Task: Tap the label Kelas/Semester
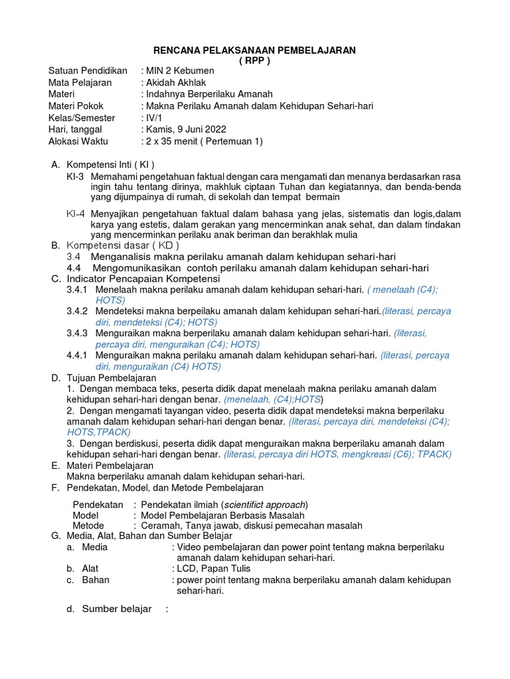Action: pyautogui.click(x=82, y=117)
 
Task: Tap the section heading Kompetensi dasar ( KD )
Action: pyautogui.click(x=123, y=245)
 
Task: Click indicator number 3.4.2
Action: pyautogui.click(x=77, y=311)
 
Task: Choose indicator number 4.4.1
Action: pyautogui.click(x=77, y=355)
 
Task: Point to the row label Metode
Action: pyautogui.click(x=88, y=525)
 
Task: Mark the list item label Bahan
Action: pyautogui.click(x=96, y=580)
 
